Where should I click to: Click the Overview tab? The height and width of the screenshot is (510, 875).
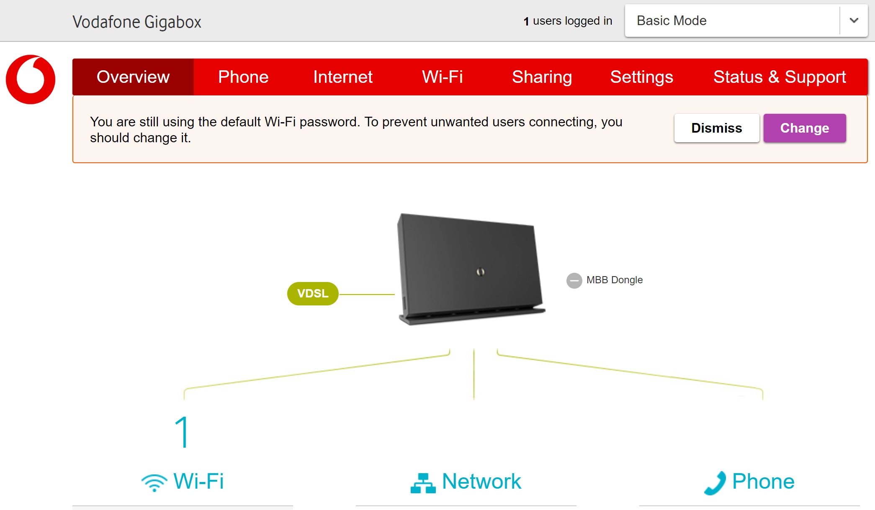[133, 77]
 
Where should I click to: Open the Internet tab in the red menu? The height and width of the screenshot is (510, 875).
[342, 77]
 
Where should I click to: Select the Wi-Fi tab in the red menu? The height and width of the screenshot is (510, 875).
[442, 77]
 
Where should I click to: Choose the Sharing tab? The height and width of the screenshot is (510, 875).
[542, 77]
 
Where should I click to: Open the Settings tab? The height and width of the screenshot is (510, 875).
[641, 77]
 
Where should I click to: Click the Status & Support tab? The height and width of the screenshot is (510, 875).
[780, 77]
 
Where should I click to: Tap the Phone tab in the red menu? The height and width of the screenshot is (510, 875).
[243, 77]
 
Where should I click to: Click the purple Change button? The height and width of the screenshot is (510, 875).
[804, 128]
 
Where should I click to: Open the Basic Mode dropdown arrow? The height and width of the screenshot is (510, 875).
[854, 21]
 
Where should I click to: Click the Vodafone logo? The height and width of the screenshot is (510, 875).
[31, 79]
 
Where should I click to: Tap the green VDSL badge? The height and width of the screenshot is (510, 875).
[313, 294]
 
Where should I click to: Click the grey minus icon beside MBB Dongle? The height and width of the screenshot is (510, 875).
[574, 280]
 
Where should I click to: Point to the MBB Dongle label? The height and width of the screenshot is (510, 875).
[614, 280]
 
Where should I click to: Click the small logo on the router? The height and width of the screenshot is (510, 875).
[480, 272]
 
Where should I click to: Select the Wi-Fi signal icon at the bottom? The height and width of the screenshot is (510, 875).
[154, 482]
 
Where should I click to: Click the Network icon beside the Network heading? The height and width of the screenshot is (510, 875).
[423, 483]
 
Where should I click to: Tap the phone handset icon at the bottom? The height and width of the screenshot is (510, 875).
[715, 483]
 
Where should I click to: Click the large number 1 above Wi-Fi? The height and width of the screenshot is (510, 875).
[183, 432]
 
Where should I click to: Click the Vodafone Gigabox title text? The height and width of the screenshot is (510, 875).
[137, 22]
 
